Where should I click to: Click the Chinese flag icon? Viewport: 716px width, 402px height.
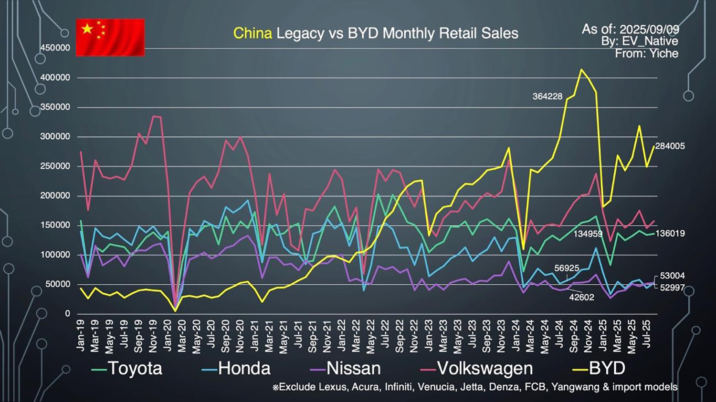click(110, 37)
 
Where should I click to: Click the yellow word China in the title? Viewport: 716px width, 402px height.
click(253, 33)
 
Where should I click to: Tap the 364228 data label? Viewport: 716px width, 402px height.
click(548, 96)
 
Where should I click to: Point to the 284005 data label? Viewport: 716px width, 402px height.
click(670, 146)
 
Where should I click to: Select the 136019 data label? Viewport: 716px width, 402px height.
click(670, 233)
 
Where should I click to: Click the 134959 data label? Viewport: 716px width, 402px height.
click(588, 234)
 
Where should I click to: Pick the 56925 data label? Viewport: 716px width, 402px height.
click(567, 268)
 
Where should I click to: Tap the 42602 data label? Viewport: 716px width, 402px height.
click(581, 297)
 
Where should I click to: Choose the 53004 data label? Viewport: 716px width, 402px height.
click(672, 276)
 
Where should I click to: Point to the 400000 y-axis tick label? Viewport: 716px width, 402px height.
click(55, 77)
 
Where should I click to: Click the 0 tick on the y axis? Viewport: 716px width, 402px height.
click(67, 313)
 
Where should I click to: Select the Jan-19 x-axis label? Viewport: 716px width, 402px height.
click(81, 335)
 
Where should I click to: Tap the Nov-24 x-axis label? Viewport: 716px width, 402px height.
click(589, 336)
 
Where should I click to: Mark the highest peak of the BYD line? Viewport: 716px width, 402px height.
click(581, 70)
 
